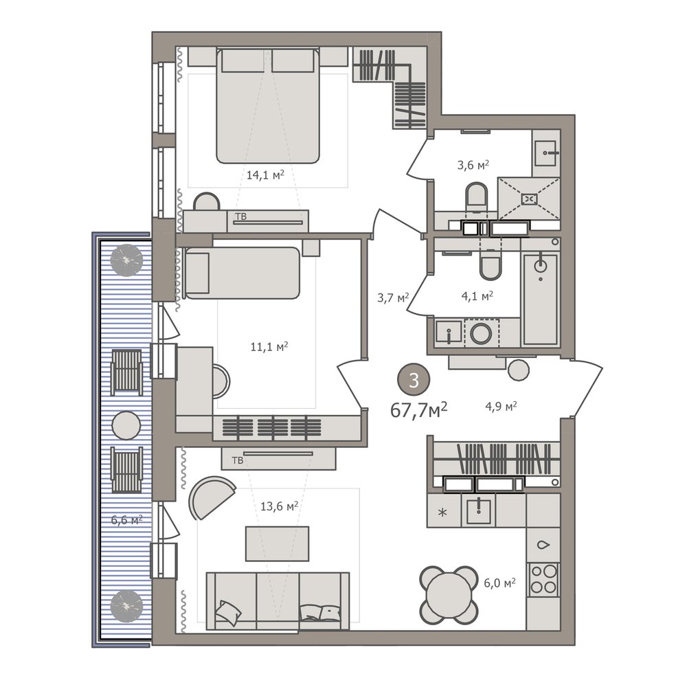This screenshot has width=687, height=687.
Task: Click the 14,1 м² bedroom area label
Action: coord(265,175)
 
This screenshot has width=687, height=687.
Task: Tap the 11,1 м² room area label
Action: coord(269,347)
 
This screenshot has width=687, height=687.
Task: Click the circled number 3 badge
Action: coord(414,381)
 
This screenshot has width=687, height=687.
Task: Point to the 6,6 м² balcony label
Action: coord(126,520)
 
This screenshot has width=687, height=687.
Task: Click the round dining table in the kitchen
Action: coord(449,595)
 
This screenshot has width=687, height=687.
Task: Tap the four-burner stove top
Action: coord(543,579)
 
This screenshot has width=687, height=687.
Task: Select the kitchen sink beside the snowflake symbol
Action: coord(478,509)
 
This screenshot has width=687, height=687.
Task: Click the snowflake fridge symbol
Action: coord(443,511)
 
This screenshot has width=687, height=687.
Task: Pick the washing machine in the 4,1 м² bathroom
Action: coord(482,334)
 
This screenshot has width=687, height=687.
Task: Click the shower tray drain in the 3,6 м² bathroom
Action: coord(529,199)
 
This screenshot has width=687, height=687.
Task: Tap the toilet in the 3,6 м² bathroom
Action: coord(476,199)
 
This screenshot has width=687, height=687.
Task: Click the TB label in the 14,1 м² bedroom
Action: coord(241,216)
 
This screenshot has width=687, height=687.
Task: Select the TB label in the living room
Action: coord(238,460)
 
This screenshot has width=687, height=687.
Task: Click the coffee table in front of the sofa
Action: coord(277,543)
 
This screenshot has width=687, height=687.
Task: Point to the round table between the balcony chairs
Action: coord(126,425)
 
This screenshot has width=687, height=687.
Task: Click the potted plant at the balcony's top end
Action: coord(126,260)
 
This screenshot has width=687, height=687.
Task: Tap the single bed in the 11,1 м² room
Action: coord(243,273)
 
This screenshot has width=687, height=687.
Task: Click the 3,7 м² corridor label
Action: coord(393,298)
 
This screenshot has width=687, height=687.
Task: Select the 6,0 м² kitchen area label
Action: coord(499,583)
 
